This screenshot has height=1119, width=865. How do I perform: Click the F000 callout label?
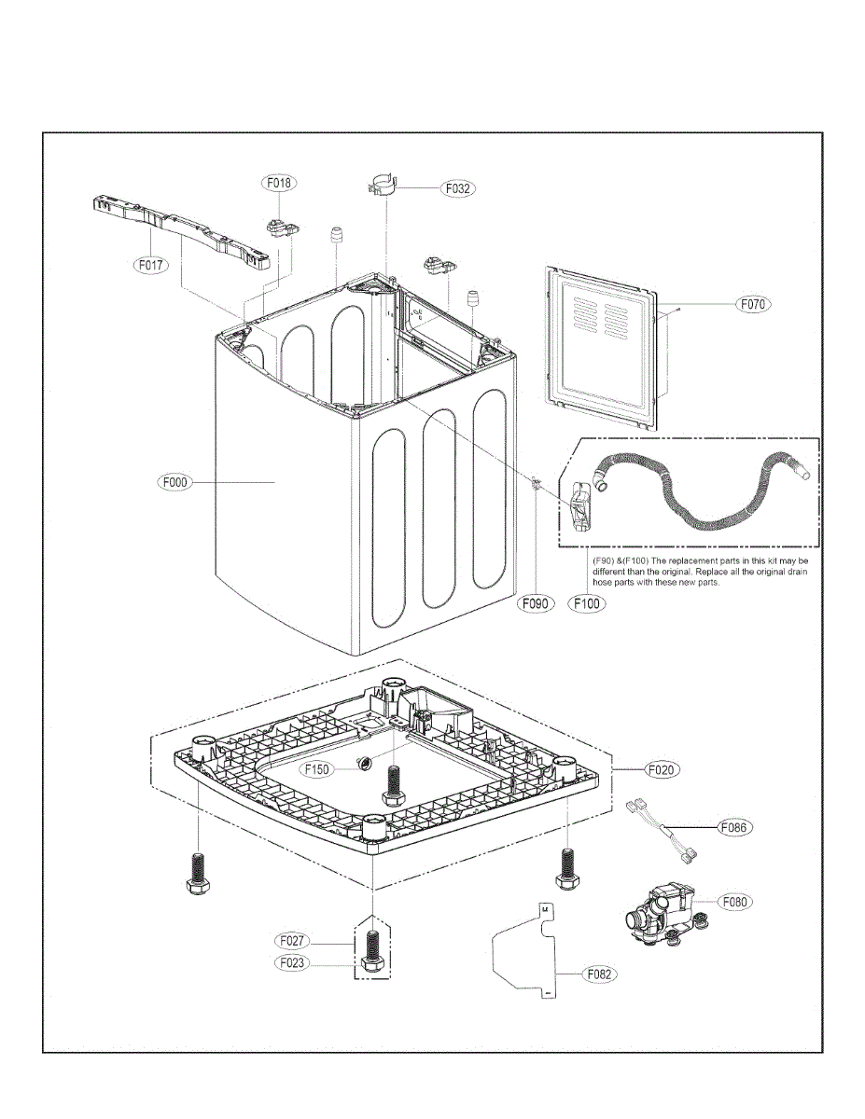coord(174,482)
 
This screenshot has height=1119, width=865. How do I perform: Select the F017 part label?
coord(148,265)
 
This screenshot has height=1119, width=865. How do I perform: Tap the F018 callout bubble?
coord(278,184)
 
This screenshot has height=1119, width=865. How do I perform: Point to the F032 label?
coord(457,188)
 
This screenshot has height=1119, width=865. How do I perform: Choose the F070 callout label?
coord(755,304)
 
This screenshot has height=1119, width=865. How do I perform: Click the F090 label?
coord(537,603)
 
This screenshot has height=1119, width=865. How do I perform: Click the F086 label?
coord(736,827)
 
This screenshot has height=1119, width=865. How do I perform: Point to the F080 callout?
coord(736,902)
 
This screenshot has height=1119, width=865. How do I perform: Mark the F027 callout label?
coord(293,941)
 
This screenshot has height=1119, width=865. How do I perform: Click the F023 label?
coord(293,962)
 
